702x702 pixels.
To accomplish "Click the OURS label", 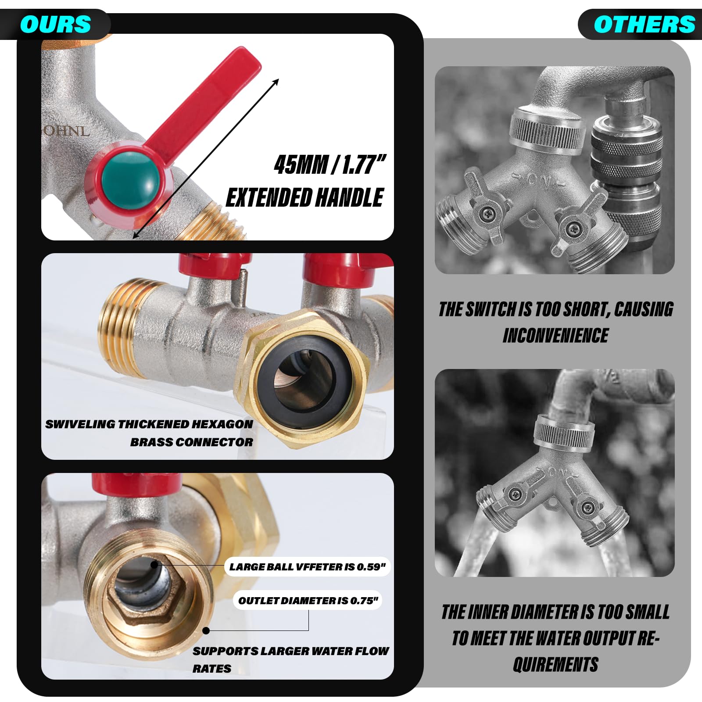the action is tap(55, 25).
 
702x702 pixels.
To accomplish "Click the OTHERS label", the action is tap(645, 25).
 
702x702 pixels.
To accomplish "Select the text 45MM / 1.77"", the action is tap(330, 165).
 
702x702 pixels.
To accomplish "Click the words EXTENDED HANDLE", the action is tap(305, 197).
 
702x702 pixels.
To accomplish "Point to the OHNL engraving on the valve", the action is tap(66, 131).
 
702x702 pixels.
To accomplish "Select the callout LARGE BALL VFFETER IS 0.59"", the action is tap(307, 567).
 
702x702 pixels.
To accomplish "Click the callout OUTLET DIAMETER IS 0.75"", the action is tap(308, 601).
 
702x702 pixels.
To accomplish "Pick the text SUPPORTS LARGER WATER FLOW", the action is tap(290, 651).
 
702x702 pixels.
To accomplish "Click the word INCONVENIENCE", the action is tap(555, 336).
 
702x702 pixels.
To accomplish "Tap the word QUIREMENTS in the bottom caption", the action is tap(555, 664).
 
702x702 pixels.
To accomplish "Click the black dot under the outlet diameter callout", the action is tap(206, 630).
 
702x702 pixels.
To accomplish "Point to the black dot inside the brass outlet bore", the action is tap(154, 565).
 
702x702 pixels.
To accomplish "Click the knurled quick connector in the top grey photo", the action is tap(627, 175).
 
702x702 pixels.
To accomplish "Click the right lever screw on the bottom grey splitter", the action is tap(587, 508).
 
